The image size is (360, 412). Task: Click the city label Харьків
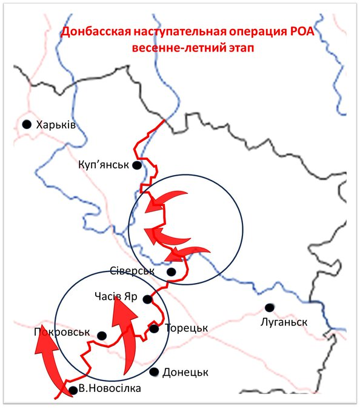56,124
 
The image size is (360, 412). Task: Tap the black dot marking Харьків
27,124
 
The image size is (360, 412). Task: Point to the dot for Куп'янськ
137,165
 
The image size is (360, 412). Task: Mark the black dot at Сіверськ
172,272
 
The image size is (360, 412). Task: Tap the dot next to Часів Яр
147,299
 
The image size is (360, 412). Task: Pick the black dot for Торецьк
154,328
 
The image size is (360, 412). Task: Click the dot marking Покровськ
102,336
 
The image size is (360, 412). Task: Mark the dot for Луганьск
268,307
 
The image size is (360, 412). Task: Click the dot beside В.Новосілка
73,390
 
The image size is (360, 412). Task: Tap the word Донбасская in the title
99,32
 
